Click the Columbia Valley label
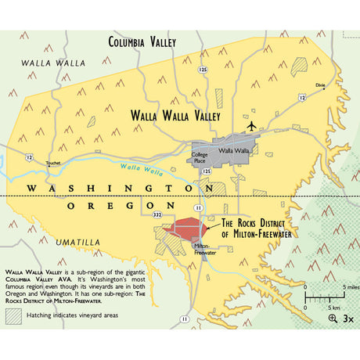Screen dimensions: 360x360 coord(142,42)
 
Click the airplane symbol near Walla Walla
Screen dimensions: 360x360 coord(250,125)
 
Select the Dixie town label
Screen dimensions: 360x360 coord(319,84)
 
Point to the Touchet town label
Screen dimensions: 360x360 coord(53,164)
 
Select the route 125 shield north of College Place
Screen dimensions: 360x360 coord(203,70)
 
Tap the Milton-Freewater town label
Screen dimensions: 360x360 coord(205,250)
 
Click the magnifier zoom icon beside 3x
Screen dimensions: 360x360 coord(334,318)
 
